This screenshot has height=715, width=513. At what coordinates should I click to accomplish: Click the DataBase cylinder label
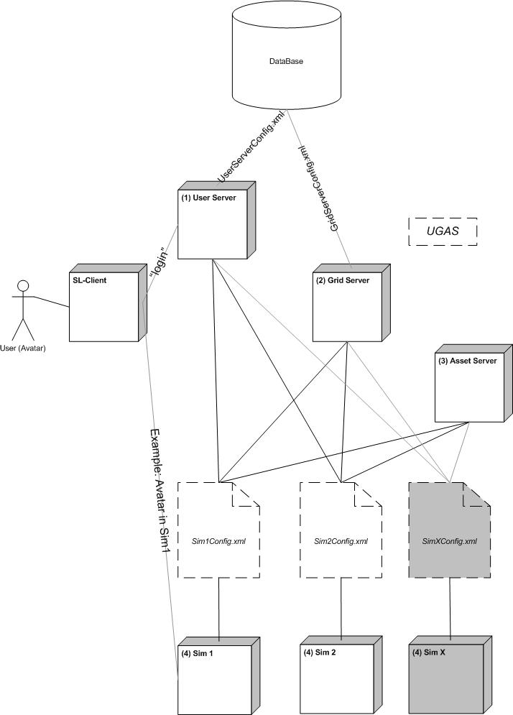286,62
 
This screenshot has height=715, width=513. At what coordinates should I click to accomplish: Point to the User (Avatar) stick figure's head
23,287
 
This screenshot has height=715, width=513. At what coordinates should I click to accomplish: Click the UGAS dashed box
442,232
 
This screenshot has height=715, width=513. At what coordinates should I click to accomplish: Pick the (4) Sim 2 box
336,676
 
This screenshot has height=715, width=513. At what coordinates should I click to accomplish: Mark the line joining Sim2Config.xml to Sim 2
341,606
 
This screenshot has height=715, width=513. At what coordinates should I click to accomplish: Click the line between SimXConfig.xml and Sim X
450,606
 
